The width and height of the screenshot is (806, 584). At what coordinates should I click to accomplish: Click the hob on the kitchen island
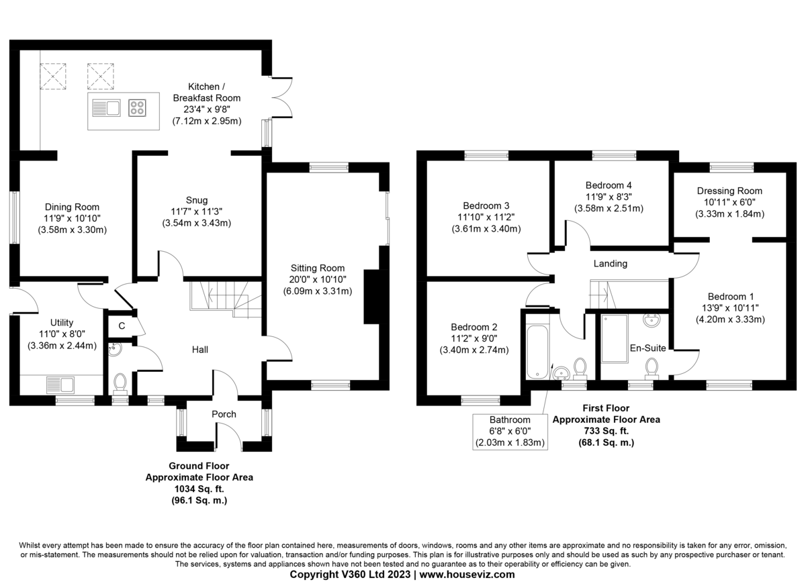(x=137, y=108)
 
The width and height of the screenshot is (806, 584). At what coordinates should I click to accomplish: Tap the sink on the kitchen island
(x=106, y=108)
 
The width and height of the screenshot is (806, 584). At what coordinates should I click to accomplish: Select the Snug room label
(x=196, y=200)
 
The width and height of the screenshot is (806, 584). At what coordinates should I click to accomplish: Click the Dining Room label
(x=72, y=207)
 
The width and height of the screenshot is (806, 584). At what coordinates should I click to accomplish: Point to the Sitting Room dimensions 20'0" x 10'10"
(x=317, y=279)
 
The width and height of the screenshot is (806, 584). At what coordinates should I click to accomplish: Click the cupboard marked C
(x=122, y=326)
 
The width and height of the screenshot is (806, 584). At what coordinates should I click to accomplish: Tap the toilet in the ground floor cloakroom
(x=120, y=383)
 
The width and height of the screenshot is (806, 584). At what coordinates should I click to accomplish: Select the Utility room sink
(x=60, y=385)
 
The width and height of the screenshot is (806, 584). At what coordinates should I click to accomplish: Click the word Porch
(x=224, y=414)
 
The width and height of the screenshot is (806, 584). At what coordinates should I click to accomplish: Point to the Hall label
(x=199, y=350)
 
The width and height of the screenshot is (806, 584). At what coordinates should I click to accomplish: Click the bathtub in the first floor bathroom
(x=537, y=352)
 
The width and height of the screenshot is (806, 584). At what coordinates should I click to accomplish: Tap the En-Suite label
(x=647, y=348)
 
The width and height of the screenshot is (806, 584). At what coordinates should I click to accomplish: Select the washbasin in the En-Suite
(x=652, y=320)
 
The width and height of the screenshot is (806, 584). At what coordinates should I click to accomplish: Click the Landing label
(x=611, y=264)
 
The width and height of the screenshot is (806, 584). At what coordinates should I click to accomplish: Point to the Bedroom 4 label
(x=609, y=185)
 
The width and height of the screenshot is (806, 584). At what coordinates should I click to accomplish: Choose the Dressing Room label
(x=729, y=191)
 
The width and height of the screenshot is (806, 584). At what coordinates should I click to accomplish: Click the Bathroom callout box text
(x=510, y=431)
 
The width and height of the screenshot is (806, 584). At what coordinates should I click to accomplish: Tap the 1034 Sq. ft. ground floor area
(x=199, y=489)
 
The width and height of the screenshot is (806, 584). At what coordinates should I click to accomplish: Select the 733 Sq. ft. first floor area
(x=607, y=431)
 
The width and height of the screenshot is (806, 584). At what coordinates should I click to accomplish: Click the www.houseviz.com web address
(x=467, y=575)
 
